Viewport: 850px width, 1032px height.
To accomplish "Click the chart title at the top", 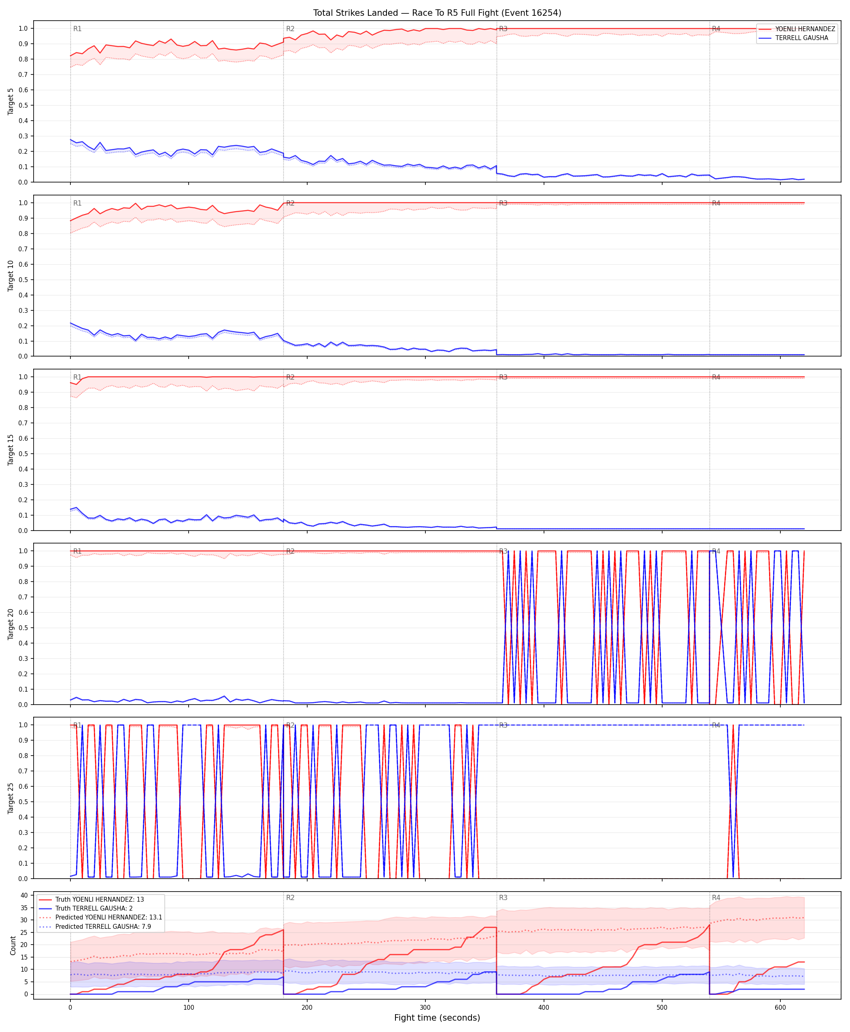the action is (x=437, y=13).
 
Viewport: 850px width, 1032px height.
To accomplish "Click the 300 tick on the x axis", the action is (x=425, y=1008).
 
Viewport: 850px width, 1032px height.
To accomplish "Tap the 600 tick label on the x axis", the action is (x=780, y=1008).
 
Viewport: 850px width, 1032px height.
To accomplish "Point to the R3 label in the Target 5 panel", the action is (x=504, y=29).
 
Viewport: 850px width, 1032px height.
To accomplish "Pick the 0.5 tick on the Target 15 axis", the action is (x=23, y=454).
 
